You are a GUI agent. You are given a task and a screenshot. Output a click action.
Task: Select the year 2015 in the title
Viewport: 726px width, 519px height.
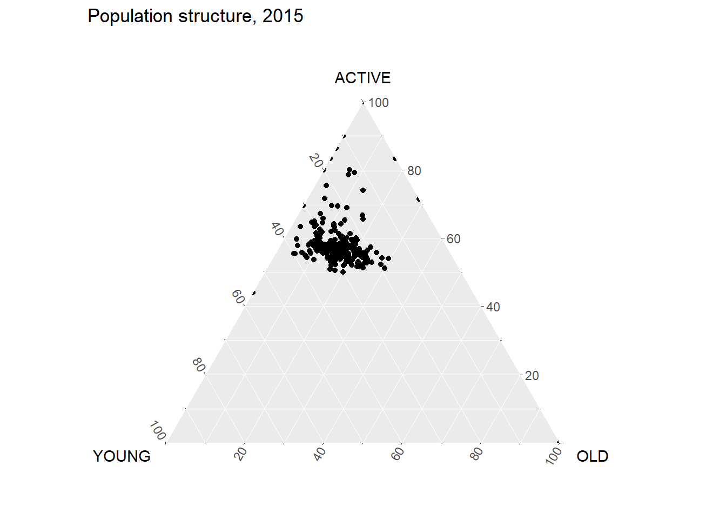pos(283,17)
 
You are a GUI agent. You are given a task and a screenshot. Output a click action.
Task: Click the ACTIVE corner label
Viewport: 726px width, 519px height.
pos(362,78)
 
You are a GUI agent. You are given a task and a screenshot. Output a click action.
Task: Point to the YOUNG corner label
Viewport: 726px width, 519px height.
pos(122,457)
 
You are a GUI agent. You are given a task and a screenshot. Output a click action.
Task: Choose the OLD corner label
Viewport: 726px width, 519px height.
pos(592,457)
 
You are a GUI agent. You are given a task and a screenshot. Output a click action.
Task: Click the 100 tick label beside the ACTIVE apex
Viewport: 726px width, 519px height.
pos(379,103)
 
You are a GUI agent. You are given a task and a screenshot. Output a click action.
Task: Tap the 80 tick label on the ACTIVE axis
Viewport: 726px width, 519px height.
pos(414,171)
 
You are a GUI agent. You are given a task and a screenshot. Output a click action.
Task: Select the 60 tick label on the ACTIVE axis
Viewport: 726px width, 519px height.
pos(454,239)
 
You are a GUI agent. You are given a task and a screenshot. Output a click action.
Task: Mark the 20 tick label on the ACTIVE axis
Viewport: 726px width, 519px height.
pos(532,376)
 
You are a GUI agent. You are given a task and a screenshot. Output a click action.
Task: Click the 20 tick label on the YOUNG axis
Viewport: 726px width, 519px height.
pos(316,161)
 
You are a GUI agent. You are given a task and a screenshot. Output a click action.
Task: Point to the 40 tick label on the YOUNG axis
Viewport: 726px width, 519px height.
pos(277,229)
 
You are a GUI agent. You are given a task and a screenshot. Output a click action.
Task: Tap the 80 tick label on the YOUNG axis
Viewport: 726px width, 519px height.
pos(198,365)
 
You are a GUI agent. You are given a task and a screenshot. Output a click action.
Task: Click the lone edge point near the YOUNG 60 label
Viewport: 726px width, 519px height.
pos(254,293)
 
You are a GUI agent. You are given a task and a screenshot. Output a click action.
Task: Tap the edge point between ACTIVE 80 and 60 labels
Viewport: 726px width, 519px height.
pos(419,199)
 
